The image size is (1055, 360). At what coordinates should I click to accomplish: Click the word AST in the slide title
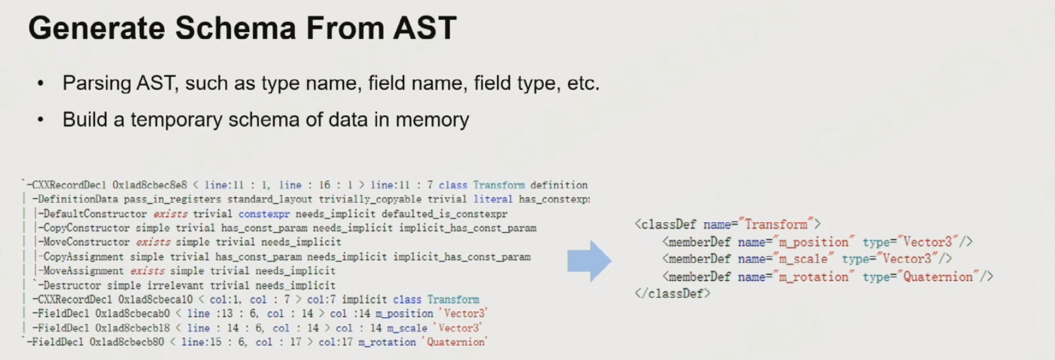point(424,28)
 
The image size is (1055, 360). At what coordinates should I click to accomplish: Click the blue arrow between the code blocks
point(589,261)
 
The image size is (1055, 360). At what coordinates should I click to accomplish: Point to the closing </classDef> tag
point(672,293)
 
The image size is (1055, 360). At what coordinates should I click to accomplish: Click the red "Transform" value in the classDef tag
point(775,224)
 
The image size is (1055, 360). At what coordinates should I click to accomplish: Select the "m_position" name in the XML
point(813,242)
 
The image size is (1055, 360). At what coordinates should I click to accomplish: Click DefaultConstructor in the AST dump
point(94,214)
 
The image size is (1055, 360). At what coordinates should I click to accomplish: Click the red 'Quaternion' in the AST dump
point(457,342)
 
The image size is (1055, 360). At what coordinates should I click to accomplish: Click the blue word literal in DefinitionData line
point(492,199)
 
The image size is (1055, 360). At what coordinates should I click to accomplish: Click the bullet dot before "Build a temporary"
point(41,120)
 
